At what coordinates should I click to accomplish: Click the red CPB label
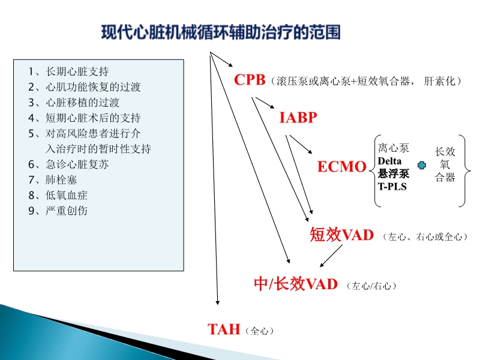click(250, 80)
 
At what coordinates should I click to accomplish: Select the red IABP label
click(298, 118)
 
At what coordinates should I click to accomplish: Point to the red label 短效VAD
click(341, 235)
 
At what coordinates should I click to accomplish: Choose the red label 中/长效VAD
click(296, 284)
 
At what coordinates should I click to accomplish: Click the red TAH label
click(224, 329)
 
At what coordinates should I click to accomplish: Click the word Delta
click(389, 161)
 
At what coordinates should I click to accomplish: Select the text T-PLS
click(392, 187)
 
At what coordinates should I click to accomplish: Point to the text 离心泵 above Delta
click(394, 149)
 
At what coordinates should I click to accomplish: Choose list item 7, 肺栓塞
click(52, 179)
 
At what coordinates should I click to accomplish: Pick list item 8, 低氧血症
click(58, 195)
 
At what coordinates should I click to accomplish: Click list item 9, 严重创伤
click(58, 211)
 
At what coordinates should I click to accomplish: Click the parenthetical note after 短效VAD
click(424, 238)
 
